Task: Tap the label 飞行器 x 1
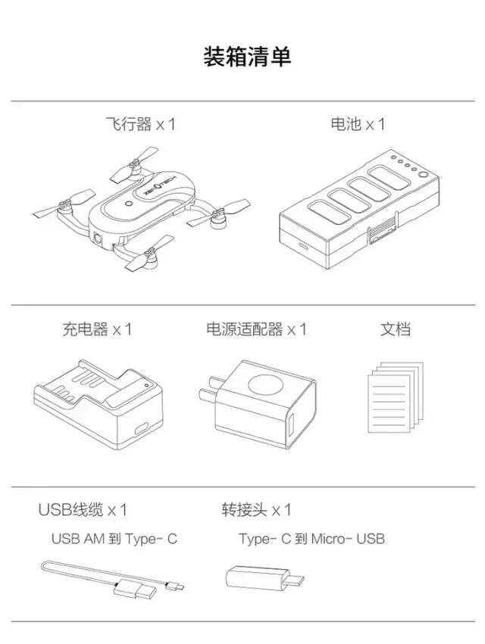(x=140, y=124)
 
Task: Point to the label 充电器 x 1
(x=97, y=329)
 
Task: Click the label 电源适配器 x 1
(x=256, y=329)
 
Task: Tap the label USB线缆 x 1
(x=83, y=509)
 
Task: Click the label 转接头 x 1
(x=256, y=509)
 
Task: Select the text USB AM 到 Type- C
(x=114, y=539)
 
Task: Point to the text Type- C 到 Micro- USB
(x=311, y=539)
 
